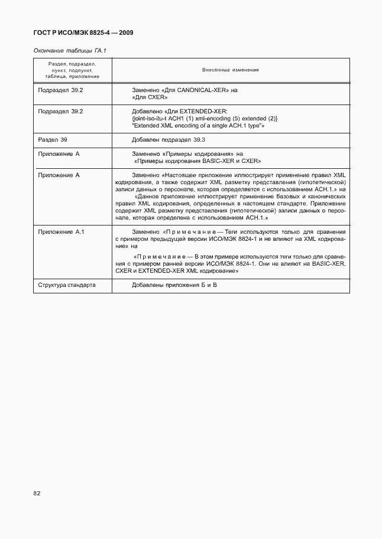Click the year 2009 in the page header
[x=124, y=32]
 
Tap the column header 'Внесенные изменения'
[x=230, y=70]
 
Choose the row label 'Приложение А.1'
[x=61, y=231]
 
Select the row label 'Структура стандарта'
[x=67, y=285]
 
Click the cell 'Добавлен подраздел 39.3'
[x=169, y=140]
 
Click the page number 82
[x=37, y=492]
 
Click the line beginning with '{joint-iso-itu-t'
[x=205, y=119]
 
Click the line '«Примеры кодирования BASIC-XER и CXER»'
[x=198, y=161]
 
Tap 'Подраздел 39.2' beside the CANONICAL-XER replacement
[x=60, y=90]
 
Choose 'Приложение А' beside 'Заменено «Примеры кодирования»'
[x=58, y=153]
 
